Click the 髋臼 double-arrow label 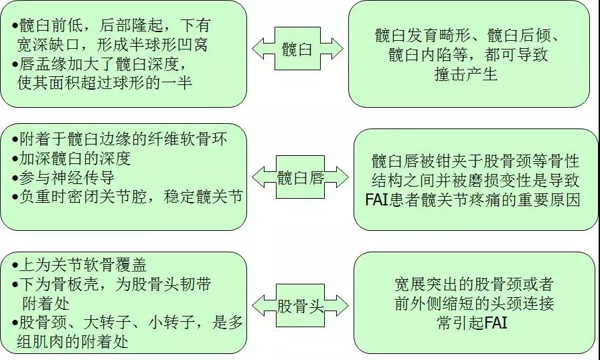point(297,49)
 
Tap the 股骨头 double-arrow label point(300,306)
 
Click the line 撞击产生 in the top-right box point(466,74)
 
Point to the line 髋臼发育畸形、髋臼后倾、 point(466,35)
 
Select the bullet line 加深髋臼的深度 point(71,159)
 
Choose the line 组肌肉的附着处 point(74,342)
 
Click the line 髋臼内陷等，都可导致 point(467,55)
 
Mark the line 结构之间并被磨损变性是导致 point(476,181)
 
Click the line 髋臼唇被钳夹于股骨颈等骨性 point(475,161)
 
